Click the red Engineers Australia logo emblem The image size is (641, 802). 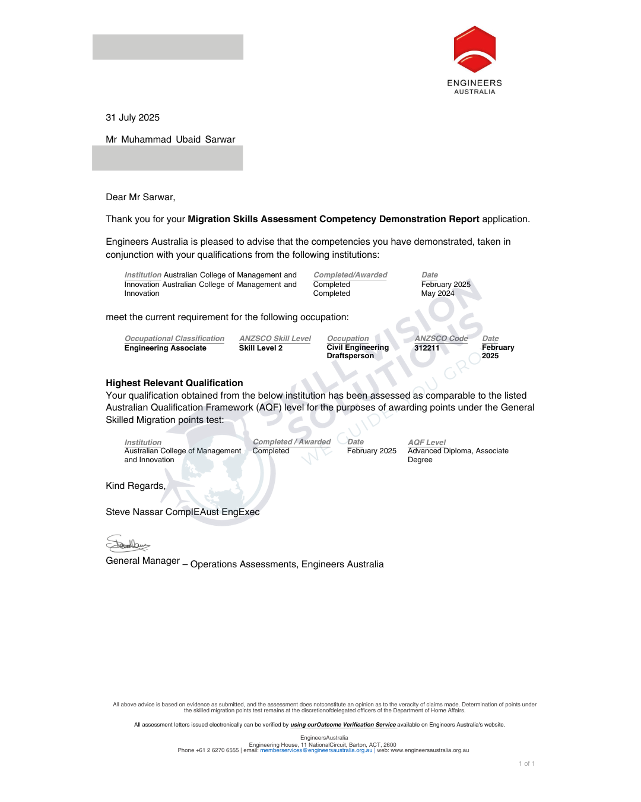474,49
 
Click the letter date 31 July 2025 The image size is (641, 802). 132,118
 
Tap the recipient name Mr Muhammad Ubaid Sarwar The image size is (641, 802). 170,140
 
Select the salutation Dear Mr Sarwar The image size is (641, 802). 140,197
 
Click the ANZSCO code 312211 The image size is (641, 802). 427,348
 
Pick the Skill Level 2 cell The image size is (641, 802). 261,348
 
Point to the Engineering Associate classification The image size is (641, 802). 165,348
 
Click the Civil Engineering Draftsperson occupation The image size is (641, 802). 357,352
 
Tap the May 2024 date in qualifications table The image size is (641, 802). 437,293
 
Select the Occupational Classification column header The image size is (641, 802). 174,339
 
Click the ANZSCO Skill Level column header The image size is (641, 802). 275,339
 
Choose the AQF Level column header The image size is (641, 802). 426,443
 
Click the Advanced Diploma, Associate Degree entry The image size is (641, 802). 458,455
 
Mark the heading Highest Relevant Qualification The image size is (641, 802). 174,383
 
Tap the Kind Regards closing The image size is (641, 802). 135,486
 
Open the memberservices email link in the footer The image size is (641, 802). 316,750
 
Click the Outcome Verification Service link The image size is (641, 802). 343,725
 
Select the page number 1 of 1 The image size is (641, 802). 526,764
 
